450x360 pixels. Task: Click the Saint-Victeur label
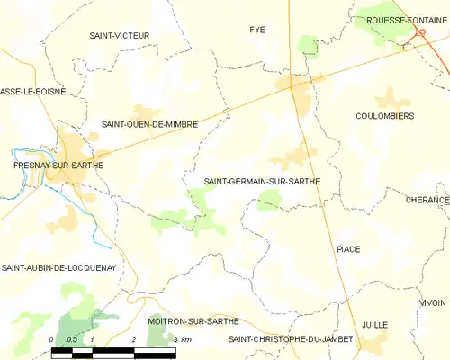click(119, 36)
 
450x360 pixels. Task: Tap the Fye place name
click(257, 30)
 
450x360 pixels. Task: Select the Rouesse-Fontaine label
click(401, 20)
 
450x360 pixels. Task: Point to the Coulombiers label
click(384, 116)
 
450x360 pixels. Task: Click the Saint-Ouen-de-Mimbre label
click(149, 125)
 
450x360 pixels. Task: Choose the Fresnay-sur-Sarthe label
click(58, 166)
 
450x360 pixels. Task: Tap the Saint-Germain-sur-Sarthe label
click(262, 181)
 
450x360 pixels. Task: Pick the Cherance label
click(427, 200)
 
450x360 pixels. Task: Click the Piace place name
click(347, 248)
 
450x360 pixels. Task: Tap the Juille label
click(374, 324)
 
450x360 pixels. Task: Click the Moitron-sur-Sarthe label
click(193, 320)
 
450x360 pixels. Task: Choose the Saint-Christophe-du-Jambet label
click(291, 339)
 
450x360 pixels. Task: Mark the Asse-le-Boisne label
click(32, 92)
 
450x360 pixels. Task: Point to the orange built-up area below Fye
click(292, 84)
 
